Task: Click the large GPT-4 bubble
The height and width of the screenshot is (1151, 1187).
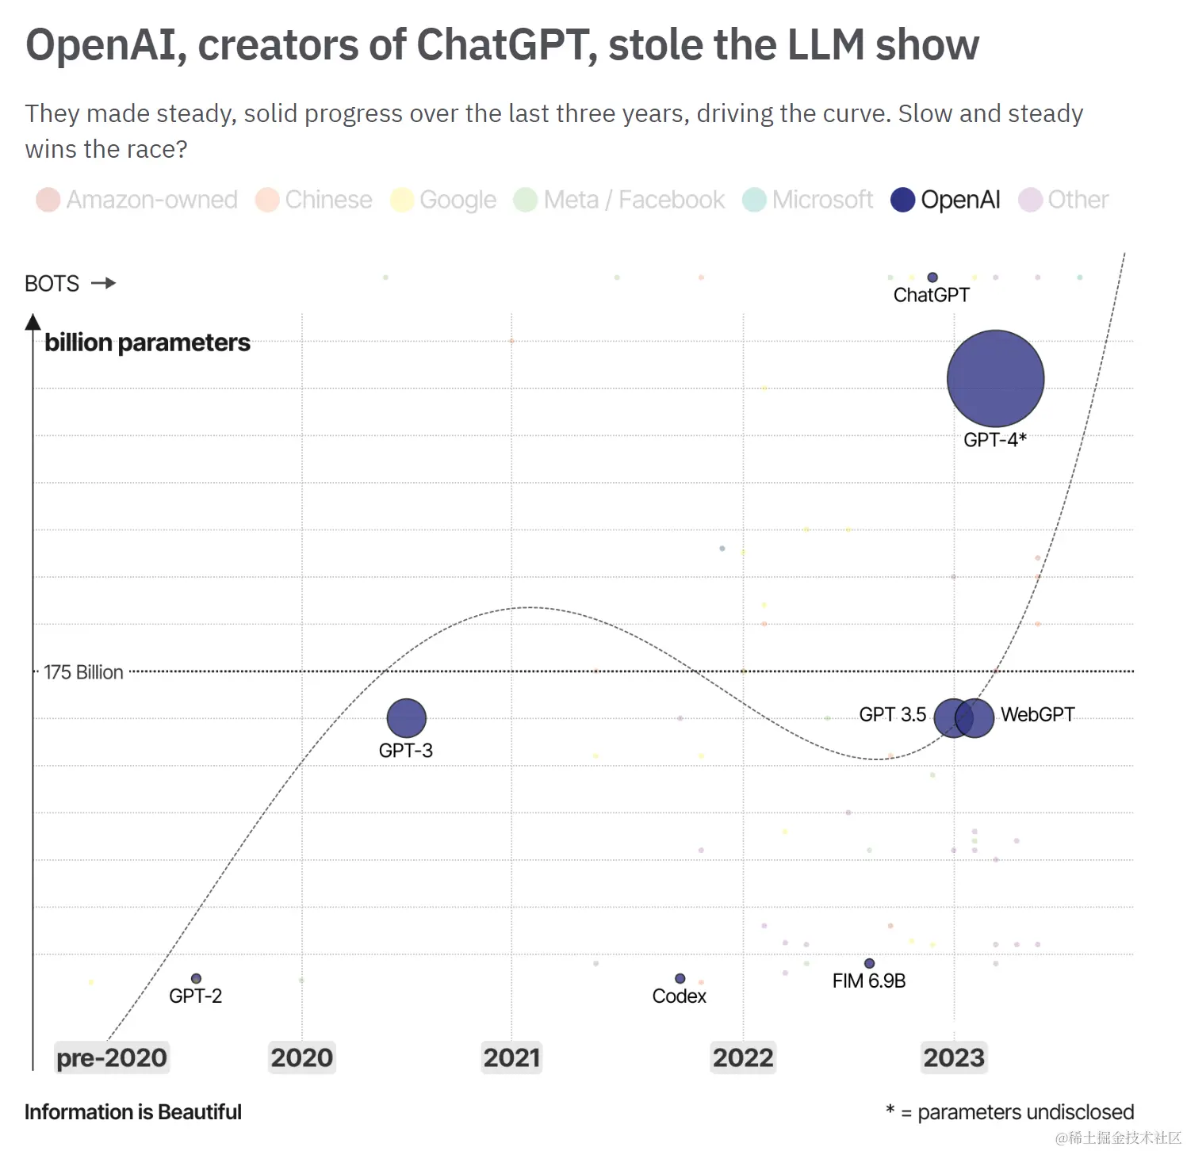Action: pos(995,379)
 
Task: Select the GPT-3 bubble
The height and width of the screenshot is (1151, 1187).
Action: pos(406,718)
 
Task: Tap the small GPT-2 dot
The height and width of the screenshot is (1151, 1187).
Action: pos(196,978)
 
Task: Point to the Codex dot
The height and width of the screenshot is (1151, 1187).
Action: pos(680,978)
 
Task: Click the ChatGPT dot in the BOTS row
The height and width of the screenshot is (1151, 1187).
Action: pos(932,277)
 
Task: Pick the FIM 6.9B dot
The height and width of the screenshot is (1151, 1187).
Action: pos(869,963)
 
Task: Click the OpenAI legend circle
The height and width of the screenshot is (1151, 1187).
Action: pos(902,200)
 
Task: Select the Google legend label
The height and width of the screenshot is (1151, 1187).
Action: pos(458,200)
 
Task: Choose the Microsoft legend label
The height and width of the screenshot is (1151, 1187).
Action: pos(822,200)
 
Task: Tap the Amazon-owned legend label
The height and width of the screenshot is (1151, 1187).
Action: pos(151,200)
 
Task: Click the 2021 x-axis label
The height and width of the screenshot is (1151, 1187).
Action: pos(511,1057)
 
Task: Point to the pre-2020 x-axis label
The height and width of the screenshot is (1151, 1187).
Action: pos(112,1057)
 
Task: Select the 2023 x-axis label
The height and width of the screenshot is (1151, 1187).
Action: pos(954,1057)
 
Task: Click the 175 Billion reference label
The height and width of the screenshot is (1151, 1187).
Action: pos(83,672)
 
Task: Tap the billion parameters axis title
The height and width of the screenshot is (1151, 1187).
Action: pos(147,342)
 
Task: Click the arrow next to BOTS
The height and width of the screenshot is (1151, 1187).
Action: pos(103,283)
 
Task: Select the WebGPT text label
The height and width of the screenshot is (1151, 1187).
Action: pos(1037,714)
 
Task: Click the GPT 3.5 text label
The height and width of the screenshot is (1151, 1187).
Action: pos(892,714)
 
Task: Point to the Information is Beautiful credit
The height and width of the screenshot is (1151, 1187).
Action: pos(132,1112)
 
